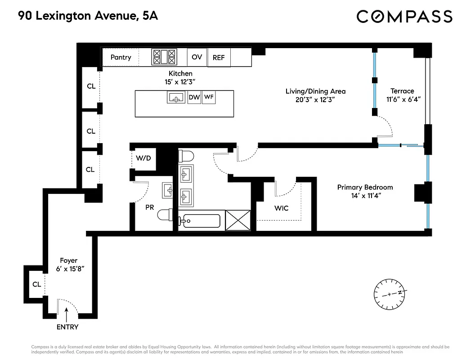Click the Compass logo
pos(404,17)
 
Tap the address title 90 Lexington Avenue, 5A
pos(88,17)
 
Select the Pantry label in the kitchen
pos(121,57)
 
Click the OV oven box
pos(197,57)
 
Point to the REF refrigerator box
pos(219,58)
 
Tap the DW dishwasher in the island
pos(194,97)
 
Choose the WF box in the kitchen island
pos(208,97)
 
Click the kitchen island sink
pos(176,97)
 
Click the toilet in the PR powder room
pos(165,216)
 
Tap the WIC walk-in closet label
pos(281,208)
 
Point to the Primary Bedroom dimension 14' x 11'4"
pos(365,196)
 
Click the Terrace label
pos(402,91)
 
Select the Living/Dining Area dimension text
pos(315,99)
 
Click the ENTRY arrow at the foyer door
pos(67,313)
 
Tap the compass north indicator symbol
pos(390,294)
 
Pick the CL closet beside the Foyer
pos(36,284)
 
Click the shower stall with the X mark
pos(237,220)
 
